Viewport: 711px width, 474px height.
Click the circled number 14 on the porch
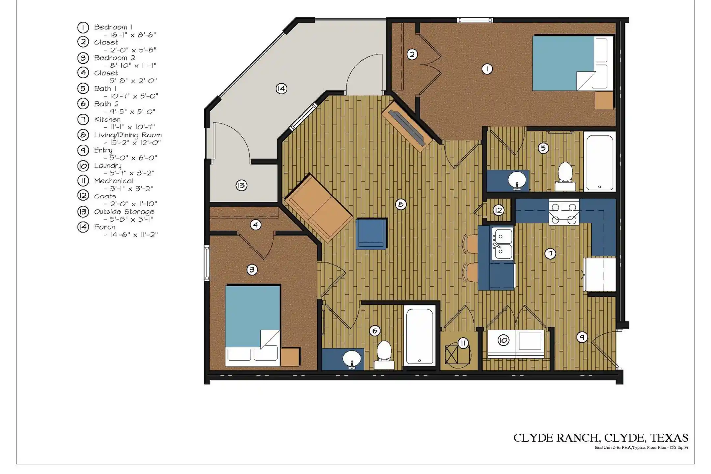(x=281, y=89)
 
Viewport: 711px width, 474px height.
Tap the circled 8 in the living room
(x=401, y=204)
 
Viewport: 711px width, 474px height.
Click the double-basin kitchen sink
(x=502, y=244)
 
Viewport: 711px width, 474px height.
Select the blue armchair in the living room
(x=372, y=234)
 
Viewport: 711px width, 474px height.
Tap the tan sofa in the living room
(x=318, y=208)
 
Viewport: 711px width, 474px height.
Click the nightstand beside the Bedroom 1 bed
(x=604, y=100)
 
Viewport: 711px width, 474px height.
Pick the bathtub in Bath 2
(x=420, y=336)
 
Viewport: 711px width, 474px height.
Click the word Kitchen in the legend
(x=107, y=119)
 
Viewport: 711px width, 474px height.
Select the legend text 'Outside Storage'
(x=124, y=212)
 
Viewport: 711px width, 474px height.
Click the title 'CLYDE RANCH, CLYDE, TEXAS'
(x=601, y=438)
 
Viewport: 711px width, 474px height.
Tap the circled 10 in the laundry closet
(x=503, y=340)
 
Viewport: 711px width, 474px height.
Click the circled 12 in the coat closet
(x=498, y=210)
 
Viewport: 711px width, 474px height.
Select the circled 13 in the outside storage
(x=241, y=186)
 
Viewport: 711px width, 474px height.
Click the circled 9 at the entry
(x=582, y=337)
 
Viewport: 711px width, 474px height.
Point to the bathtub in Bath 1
(x=599, y=161)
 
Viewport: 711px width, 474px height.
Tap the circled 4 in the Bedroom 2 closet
(x=256, y=225)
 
